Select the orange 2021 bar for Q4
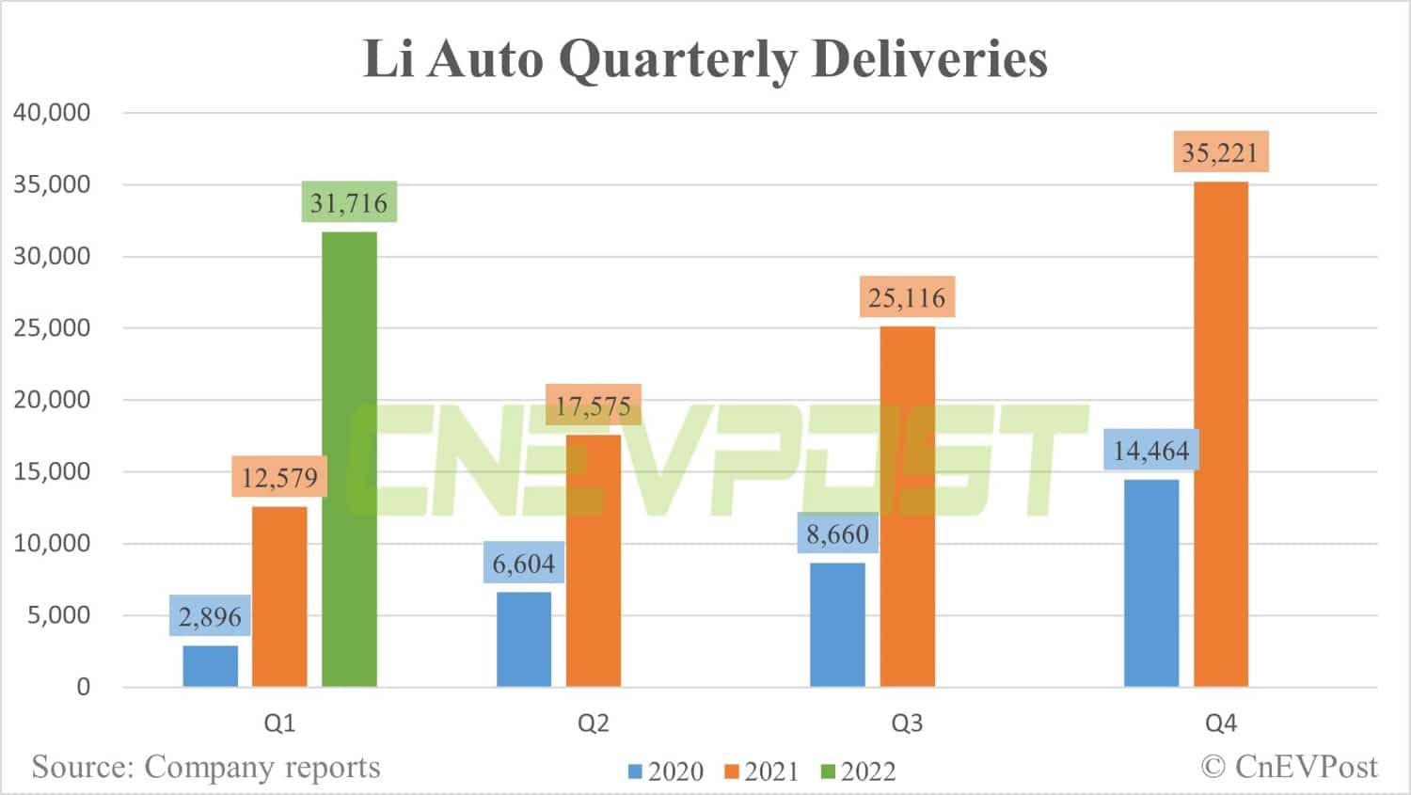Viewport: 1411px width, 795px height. tap(1221, 434)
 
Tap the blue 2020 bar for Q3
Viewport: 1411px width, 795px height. tap(837, 625)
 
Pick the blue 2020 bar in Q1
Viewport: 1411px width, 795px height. tap(210, 666)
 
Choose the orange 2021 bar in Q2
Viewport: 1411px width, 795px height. tap(594, 561)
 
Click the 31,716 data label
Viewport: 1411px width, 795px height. tap(349, 202)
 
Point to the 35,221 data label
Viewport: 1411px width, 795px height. tap(1220, 151)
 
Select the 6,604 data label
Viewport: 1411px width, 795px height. tap(524, 564)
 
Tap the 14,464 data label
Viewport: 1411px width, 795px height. tap(1151, 451)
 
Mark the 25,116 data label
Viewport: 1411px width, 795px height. tap(907, 297)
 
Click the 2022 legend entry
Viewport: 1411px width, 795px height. tap(858, 771)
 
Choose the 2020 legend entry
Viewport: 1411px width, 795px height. tap(666, 771)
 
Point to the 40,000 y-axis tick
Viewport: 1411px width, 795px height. tap(52, 112)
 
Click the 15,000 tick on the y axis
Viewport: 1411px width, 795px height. tap(52, 471)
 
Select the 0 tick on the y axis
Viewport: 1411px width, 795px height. tap(84, 687)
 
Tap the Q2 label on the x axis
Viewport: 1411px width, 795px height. tap(594, 723)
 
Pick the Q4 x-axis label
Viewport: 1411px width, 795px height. tap(1221, 723)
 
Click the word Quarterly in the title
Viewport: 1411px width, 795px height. tap(677, 58)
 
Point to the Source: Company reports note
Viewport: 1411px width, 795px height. tap(206, 767)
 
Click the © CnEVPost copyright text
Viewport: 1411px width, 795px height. tap(1289, 767)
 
